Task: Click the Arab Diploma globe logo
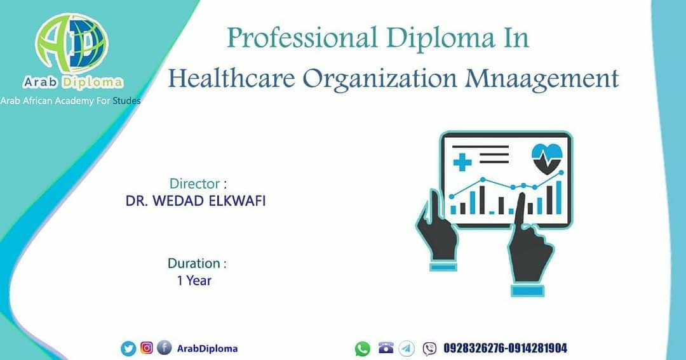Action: [71, 43]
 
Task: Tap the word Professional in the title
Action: [302, 38]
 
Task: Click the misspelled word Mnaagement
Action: [542, 79]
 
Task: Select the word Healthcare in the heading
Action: [231, 79]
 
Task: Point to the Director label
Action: [198, 183]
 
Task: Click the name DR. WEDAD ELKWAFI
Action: [196, 201]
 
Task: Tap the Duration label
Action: [197, 263]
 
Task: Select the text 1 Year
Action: [194, 281]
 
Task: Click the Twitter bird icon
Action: [128, 349]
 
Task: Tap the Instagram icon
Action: [147, 348]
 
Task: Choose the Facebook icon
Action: [164, 348]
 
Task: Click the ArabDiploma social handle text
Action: [207, 349]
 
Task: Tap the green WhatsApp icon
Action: [362, 349]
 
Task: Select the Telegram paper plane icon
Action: [407, 348]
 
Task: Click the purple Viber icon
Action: [429, 349]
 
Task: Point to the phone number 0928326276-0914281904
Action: [506, 348]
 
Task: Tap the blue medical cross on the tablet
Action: [462, 163]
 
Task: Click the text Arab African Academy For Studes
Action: [71, 100]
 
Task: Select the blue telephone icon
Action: [386, 348]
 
